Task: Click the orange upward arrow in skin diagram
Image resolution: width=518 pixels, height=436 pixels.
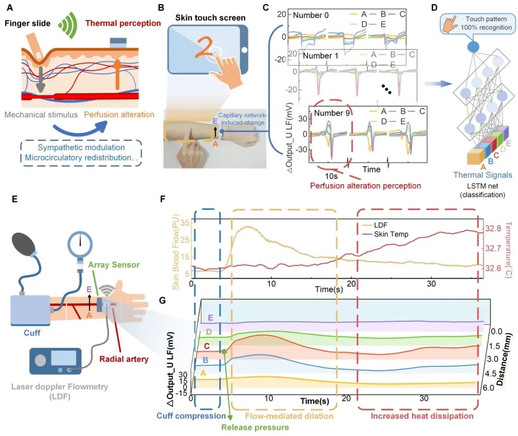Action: tap(117, 74)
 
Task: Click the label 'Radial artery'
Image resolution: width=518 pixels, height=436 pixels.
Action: tap(124, 359)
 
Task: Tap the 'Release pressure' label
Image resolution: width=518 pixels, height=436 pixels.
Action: tap(255, 427)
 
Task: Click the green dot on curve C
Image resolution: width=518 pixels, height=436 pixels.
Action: tap(224, 352)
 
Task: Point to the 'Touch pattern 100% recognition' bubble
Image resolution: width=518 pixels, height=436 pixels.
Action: tap(478, 23)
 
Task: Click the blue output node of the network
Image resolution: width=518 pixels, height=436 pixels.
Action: tap(473, 47)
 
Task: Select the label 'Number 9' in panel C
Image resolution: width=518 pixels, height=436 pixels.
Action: tap(332, 113)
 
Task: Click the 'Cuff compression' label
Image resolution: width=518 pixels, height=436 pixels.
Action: tap(191, 416)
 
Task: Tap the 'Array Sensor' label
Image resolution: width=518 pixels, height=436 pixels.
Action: tap(114, 265)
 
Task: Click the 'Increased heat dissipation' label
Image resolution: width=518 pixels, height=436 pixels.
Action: tap(422, 416)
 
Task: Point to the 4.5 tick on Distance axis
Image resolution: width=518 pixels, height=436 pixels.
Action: tap(490, 374)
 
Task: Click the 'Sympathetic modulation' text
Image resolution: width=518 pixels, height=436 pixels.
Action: tap(81, 147)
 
